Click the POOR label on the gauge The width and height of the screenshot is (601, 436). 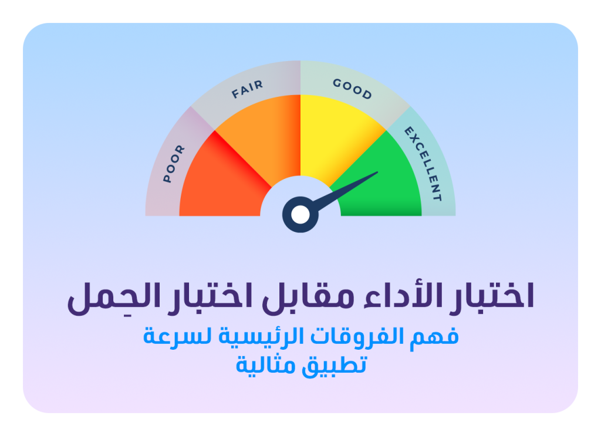pos(174,164)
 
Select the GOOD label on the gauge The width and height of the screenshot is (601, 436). pos(352,89)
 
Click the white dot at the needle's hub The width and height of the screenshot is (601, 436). pos(300,215)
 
